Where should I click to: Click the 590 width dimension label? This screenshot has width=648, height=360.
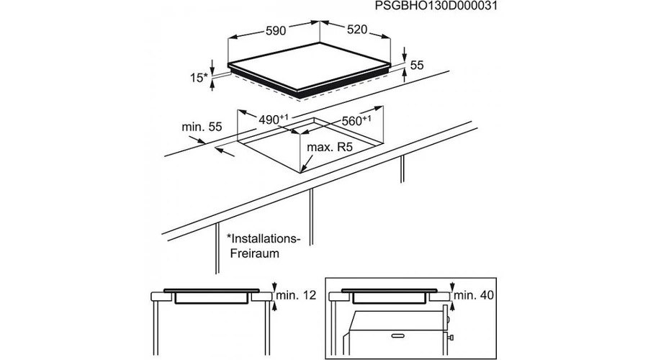pyautogui.click(x=276, y=31)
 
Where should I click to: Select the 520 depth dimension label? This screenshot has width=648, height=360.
pyautogui.click(x=357, y=30)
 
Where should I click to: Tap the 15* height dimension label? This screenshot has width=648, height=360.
pyautogui.click(x=199, y=78)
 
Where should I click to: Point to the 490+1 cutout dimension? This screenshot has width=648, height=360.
pyautogui.click(x=273, y=120)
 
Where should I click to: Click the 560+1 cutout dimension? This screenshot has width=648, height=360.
pyautogui.click(x=356, y=121)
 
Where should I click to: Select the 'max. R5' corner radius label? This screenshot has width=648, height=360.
pyautogui.click(x=330, y=147)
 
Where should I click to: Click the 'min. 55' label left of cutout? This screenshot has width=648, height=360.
pyautogui.click(x=202, y=127)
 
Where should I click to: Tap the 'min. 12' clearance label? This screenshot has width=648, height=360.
pyautogui.click(x=296, y=295)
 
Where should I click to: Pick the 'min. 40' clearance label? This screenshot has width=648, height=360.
pyautogui.click(x=474, y=295)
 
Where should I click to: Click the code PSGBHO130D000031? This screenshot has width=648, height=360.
pyautogui.click(x=436, y=6)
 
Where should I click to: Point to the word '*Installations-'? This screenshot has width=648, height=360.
pyautogui.click(x=264, y=239)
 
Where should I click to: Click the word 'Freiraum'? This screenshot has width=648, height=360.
pyautogui.click(x=255, y=253)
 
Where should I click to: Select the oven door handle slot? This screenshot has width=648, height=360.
pyautogui.click(x=398, y=336)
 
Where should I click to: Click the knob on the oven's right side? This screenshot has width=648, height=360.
pyautogui.click(x=451, y=338)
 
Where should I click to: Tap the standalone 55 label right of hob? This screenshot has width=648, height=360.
pyautogui.click(x=417, y=66)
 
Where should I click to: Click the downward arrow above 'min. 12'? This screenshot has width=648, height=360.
pyautogui.click(x=274, y=287)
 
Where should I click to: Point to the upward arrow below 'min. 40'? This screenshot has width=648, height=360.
pyautogui.click(x=453, y=307)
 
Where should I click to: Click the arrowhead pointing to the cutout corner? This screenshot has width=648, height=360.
pyautogui.click(x=302, y=168)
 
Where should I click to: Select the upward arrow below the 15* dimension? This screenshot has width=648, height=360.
pyautogui.click(x=212, y=85)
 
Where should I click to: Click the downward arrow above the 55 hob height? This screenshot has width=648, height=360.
pyautogui.click(x=405, y=55)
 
